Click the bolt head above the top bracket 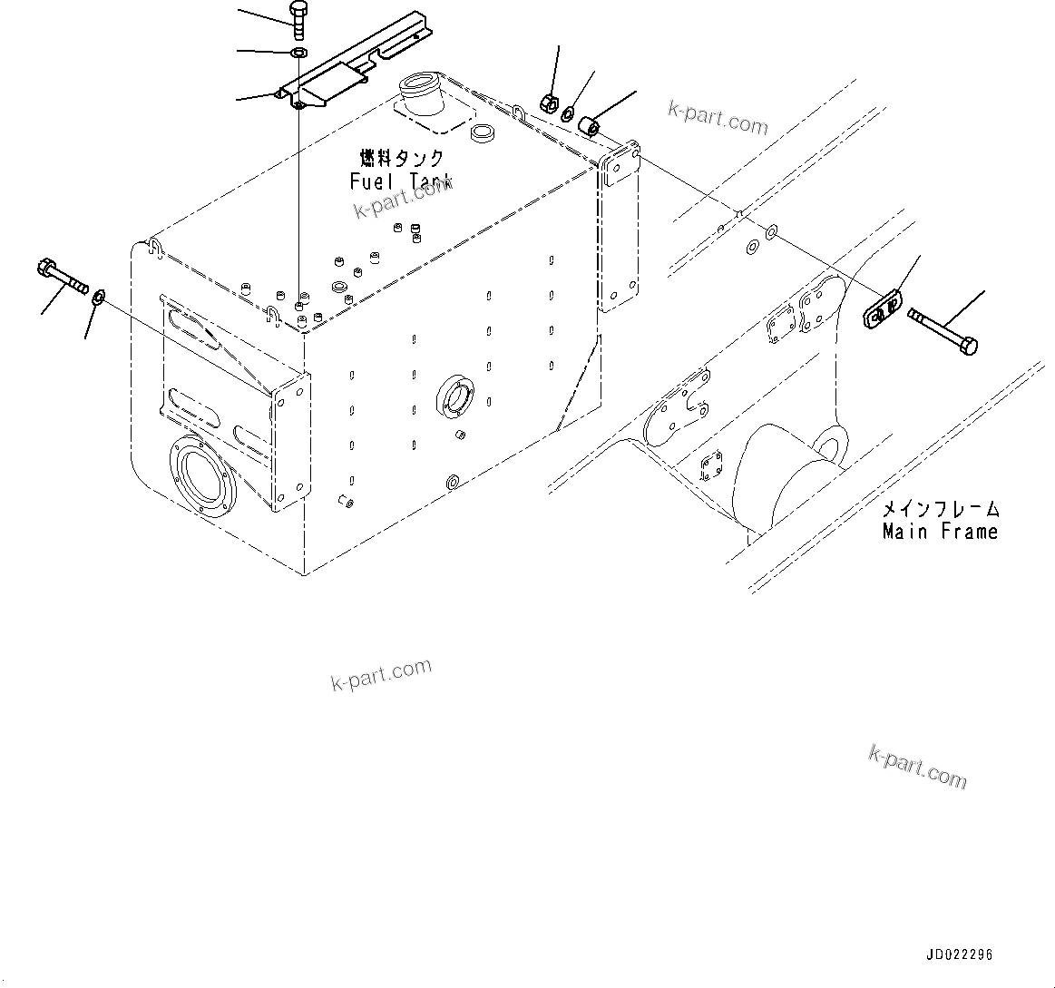[x=299, y=11]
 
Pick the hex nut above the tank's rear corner [x=548, y=103]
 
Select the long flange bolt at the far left [x=62, y=274]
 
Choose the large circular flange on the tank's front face [x=201, y=481]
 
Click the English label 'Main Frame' [x=940, y=532]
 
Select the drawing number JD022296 [x=959, y=955]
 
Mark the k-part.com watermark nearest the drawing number [x=917, y=768]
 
